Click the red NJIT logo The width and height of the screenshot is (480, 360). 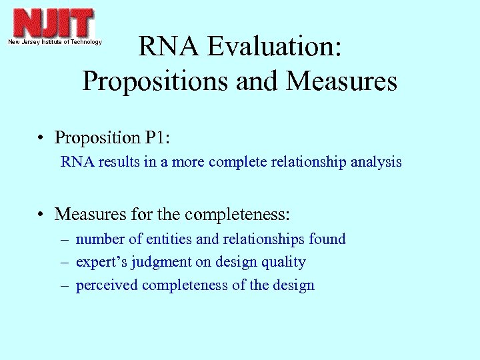click(x=54, y=23)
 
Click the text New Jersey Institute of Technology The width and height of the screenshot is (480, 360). click(x=55, y=42)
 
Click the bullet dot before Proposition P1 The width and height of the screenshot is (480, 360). click(x=42, y=139)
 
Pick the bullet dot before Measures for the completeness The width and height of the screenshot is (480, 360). click(x=42, y=215)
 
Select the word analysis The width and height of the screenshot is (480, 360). click(x=377, y=162)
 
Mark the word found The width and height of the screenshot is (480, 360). click(x=328, y=239)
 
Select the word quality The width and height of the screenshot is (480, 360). click(x=285, y=263)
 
